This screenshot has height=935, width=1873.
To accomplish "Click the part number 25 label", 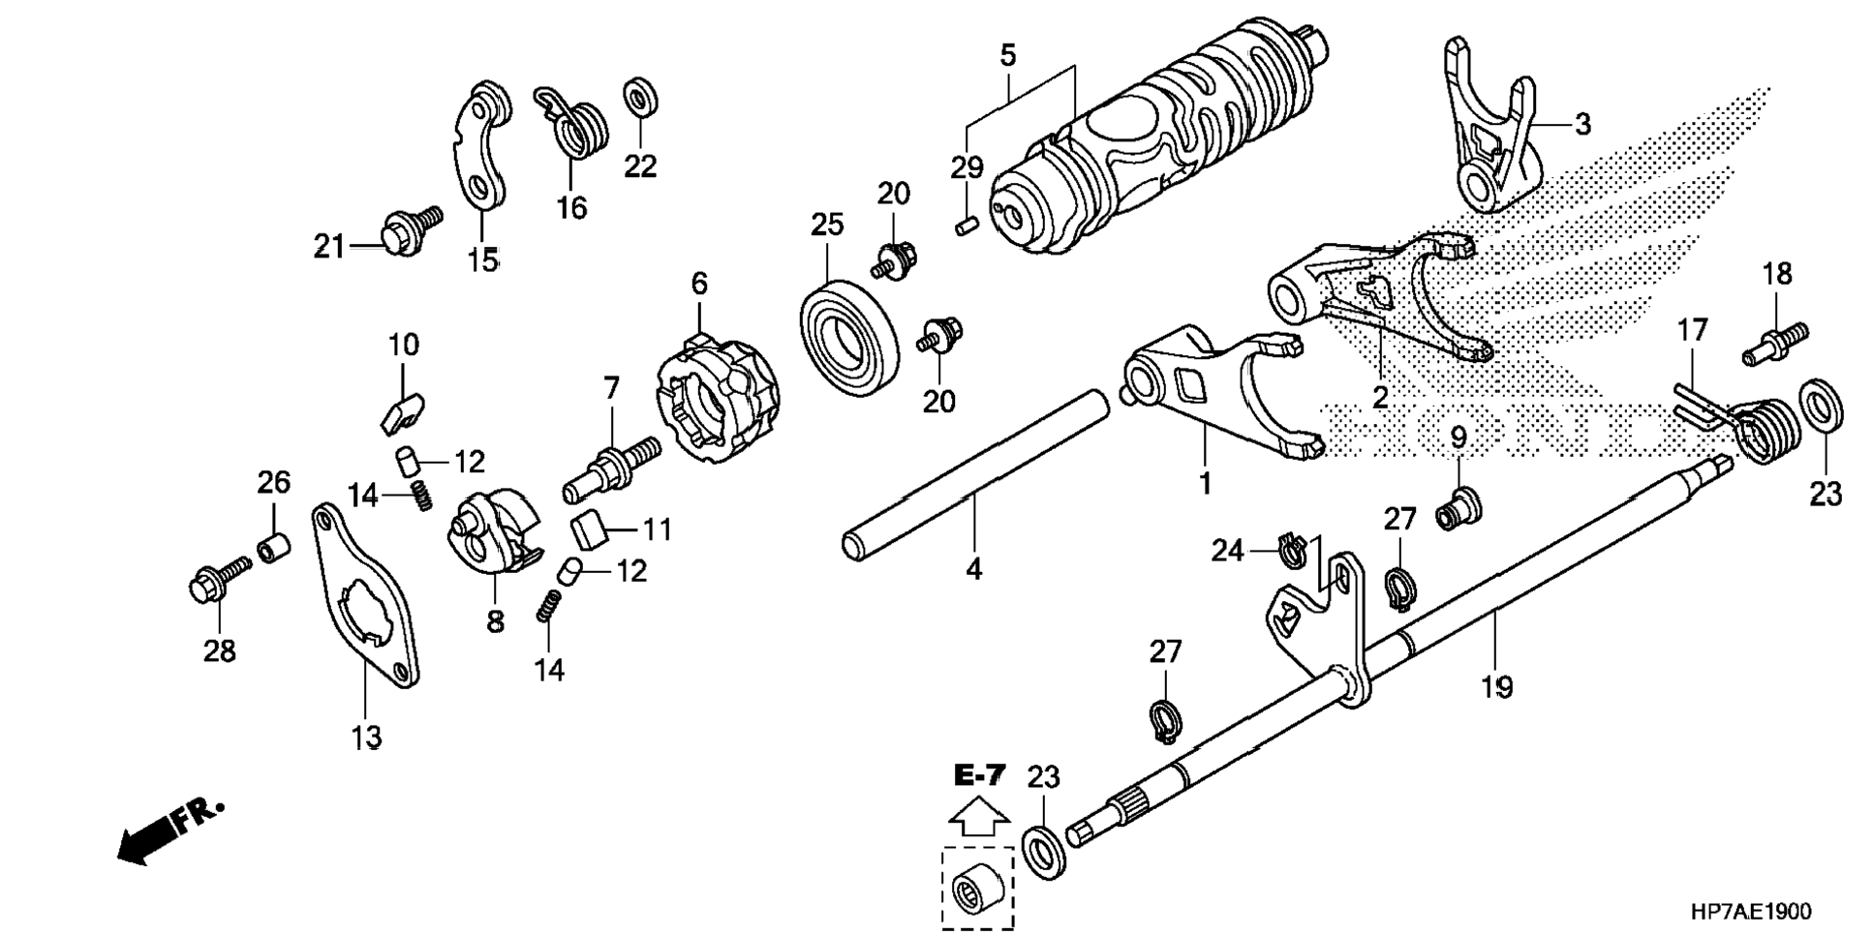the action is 827,225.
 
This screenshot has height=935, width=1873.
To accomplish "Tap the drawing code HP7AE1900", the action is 1751,912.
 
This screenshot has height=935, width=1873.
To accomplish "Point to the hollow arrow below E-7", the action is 978,817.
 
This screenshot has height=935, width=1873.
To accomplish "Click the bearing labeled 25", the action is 846,336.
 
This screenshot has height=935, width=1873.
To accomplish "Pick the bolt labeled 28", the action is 218,578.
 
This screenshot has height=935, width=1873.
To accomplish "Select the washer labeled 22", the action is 639,97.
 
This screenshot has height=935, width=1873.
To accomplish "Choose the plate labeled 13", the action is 366,597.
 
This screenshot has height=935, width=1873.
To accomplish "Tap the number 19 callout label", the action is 1496,687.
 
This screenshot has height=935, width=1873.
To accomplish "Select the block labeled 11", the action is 590,531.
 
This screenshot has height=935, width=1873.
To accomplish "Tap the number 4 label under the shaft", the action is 974,569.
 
